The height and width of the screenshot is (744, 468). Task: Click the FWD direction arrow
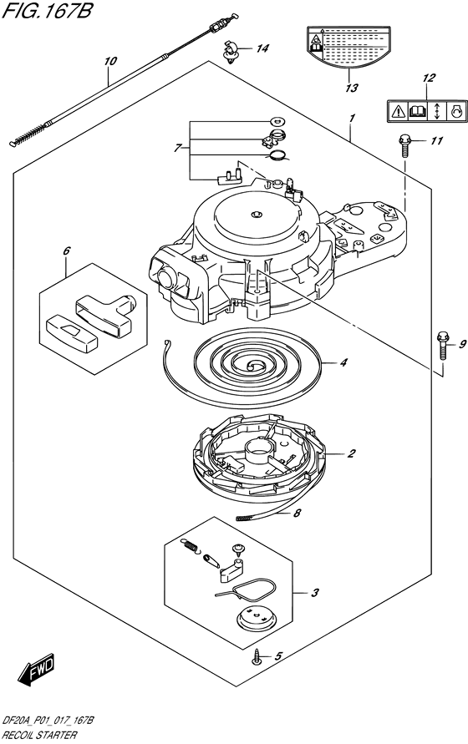[37, 669]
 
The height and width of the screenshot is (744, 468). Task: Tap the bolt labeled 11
[404, 145]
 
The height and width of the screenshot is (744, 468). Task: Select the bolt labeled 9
[442, 346]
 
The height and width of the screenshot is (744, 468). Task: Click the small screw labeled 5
[257, 658]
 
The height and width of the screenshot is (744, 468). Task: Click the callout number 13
[352, 88]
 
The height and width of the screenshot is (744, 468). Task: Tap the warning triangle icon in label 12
[398, 112]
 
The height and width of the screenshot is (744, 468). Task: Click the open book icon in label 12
[417, 112]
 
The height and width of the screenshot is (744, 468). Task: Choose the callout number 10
[110, 61]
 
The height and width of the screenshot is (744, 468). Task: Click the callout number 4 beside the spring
[343, 363]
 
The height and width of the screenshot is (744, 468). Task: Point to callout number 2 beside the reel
[351, 453]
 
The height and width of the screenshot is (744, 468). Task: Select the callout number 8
[298, 513]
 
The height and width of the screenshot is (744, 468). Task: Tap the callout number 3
[314, 593]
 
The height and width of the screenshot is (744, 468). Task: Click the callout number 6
[67, 251]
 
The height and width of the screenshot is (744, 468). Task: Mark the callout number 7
[176, 149]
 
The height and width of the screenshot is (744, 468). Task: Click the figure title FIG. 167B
[47, 11]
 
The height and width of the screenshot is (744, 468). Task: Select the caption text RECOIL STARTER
[39, 735]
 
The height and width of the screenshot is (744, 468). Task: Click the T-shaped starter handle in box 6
[105, 314]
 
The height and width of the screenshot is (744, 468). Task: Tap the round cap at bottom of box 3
[256, 620]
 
